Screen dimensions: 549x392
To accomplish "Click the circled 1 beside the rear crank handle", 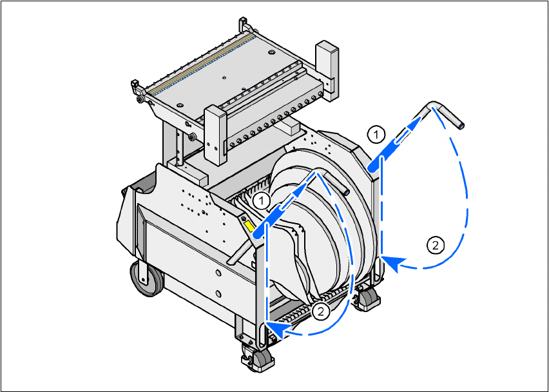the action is [376, 135].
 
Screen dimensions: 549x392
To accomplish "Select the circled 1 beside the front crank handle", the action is [262, 201].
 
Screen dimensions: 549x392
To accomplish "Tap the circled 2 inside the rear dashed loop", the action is [435, 245].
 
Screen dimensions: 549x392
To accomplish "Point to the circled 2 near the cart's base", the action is [321, 311].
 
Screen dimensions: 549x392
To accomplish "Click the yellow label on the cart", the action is [249, 226].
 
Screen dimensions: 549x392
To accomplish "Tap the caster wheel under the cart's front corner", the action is [258, 357].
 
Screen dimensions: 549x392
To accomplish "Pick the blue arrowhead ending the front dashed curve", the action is [278, 330].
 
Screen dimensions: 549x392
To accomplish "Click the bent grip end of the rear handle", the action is [448, 114].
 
